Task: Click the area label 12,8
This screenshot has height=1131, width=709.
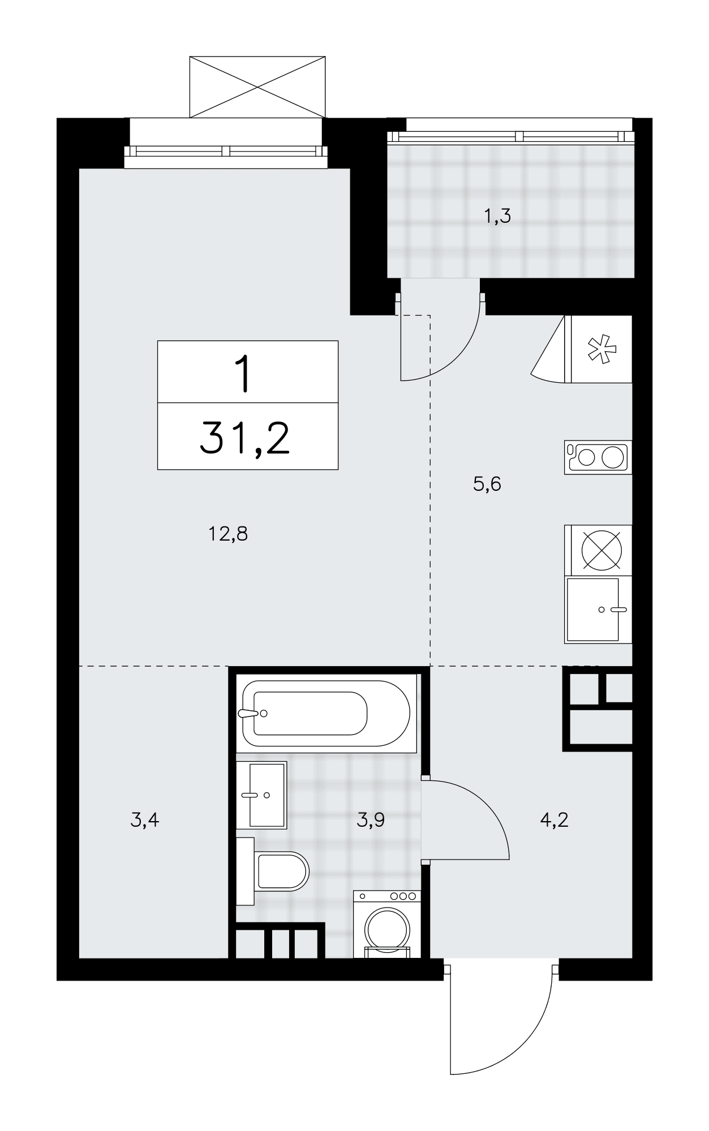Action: click(x=229, y=534)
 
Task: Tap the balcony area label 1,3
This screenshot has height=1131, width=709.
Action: click(x=499, y=216)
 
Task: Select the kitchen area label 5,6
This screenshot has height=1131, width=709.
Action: click(x=487, y=484)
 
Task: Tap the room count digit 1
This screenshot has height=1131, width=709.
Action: click(x=244, y=373)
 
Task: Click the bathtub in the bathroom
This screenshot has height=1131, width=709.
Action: click(x=326, y=714)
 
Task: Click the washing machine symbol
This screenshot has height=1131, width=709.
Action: click(x=387, y=924)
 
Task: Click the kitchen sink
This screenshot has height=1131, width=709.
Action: click(x=598, y=610)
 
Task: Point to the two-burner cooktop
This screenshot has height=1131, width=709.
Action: click(x=598, y=457)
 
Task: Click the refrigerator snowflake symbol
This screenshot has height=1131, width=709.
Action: click(x=601, y=349)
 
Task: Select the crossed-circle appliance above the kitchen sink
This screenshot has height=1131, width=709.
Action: click(x=598, y=550)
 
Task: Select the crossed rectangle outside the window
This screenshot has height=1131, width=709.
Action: click(x=257, y=87)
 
